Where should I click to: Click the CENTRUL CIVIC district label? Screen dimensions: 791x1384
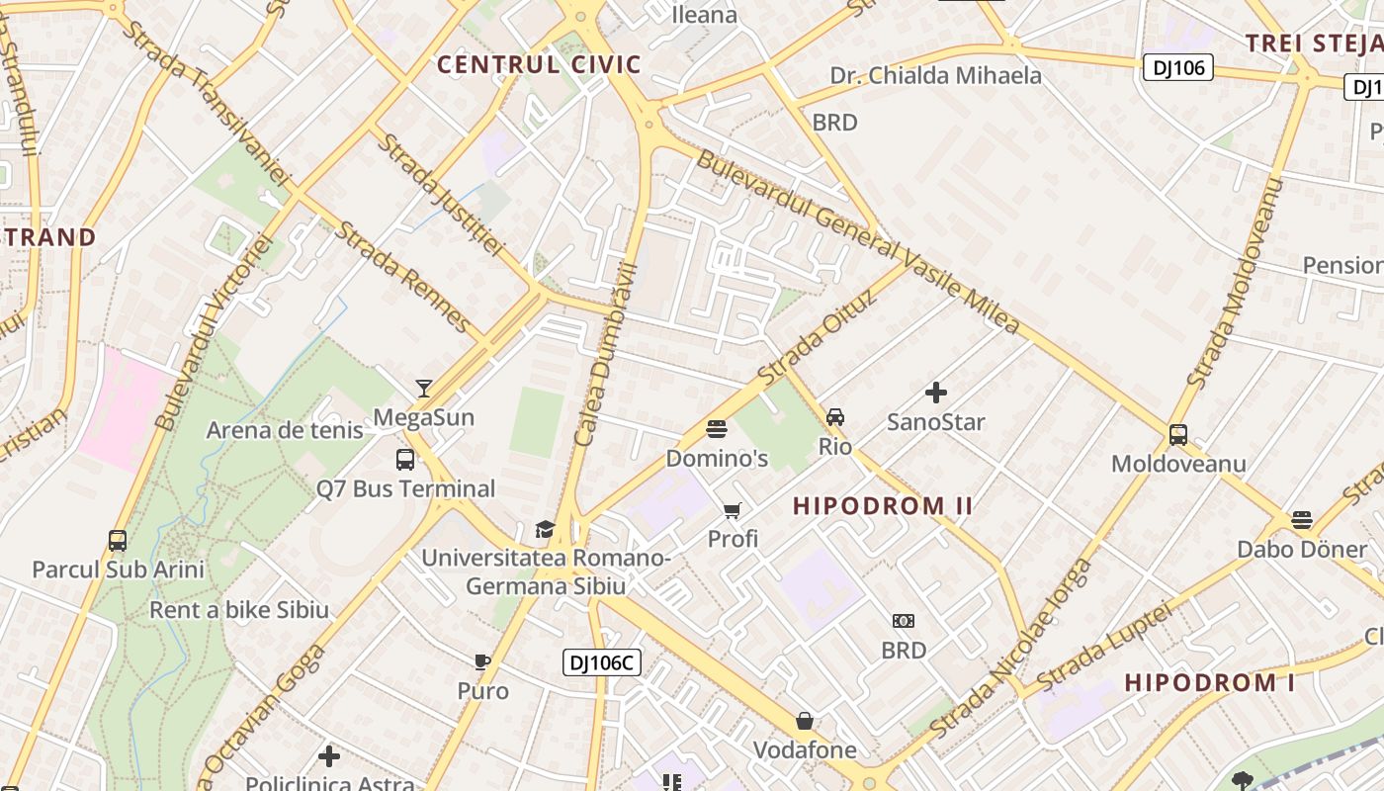539,65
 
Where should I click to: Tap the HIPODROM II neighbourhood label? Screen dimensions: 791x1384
883,506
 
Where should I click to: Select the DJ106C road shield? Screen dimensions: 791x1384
602,662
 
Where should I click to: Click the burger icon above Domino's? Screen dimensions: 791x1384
717,429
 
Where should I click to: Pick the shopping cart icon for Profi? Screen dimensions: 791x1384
732,510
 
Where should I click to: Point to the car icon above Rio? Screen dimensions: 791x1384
835,416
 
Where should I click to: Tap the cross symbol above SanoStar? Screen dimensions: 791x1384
936,393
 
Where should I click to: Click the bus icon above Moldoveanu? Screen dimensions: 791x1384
1177,434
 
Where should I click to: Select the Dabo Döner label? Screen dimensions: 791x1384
1302,549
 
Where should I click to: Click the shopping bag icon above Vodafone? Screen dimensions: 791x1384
805,721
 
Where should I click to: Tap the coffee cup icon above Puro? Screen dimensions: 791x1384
482,661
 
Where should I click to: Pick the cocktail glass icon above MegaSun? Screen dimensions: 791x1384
424,388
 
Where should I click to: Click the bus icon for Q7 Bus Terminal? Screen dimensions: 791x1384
405,459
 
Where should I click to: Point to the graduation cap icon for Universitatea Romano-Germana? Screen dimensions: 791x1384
545,529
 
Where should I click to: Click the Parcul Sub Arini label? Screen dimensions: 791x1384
118,570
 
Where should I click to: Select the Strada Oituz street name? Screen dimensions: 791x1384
817,336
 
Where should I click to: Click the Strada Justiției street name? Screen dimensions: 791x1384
440,194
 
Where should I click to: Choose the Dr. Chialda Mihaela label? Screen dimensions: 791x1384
935,75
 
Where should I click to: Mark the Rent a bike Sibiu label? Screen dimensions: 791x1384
238,610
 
